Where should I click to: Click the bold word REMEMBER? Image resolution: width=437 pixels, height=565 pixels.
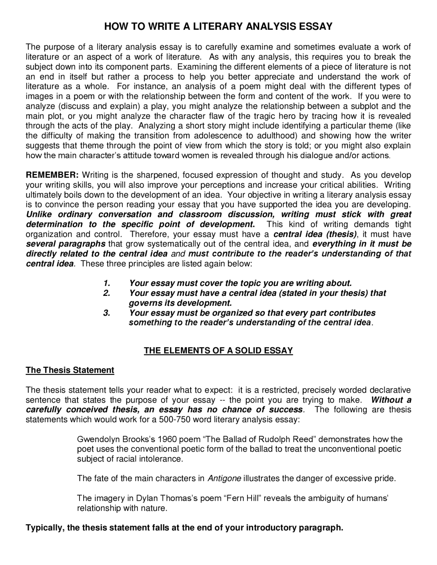click(x=53, y=175)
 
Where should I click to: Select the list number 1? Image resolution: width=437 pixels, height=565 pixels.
click(x=107, y=283)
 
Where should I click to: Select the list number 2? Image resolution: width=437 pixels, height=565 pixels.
click(x=107, y=293)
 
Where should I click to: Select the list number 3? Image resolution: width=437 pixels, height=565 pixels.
click(x=107, y=313)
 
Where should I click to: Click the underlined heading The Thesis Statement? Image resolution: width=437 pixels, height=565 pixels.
click(x=70, y=370)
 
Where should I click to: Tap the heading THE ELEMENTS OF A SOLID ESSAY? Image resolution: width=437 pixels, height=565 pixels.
click(x=218, y=351)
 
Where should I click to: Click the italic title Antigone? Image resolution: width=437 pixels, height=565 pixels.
click(x=224, y=478)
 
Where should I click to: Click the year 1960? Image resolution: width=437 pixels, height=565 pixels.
click(x=168, y=439)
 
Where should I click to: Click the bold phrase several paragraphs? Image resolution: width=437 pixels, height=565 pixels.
click(x=66, y=244)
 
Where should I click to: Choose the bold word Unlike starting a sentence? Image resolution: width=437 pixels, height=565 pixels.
click(x=39, y=215)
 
